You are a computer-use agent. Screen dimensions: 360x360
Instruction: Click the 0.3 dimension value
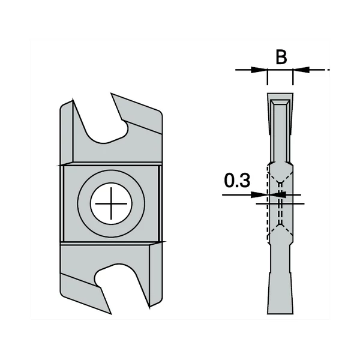coord(238,181)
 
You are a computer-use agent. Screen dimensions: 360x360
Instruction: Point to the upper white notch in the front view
coord(107,120)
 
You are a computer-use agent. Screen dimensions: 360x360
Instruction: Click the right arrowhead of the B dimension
coord(299,70)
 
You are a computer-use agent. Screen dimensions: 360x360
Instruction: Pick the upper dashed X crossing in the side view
coord(280,182)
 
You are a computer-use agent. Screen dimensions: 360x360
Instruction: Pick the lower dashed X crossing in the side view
coord(280,227)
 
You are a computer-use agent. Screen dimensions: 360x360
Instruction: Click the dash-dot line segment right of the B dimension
coord(321,70)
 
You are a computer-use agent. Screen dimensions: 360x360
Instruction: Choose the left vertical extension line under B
coord(267,78)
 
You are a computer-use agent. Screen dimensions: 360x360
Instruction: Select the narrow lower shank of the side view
coord(280,264)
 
